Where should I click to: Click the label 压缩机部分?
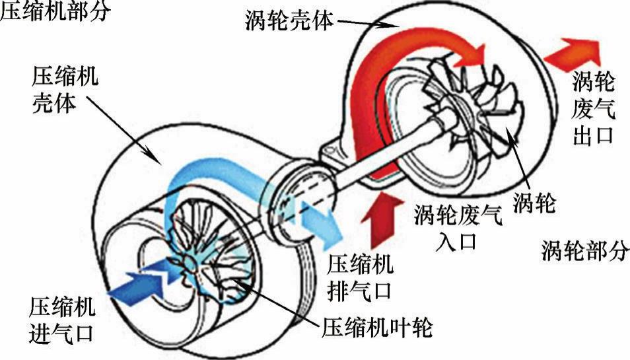pyautogui.click(x=54, y=12)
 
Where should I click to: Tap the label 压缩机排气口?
pyautogui.click(x=361, y=277)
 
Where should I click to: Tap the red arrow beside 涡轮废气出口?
pyautogui.click(x=572, y=50)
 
